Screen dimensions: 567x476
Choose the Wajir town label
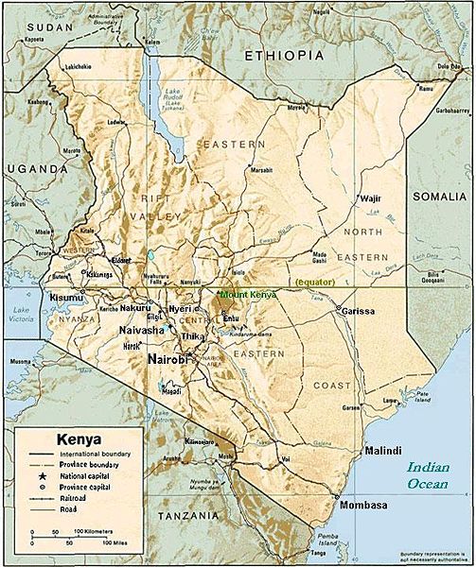[370, 198]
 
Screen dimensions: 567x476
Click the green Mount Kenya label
[249, 295]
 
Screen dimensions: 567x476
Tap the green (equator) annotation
[315, 283]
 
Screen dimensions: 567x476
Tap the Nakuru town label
[135, 309]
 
